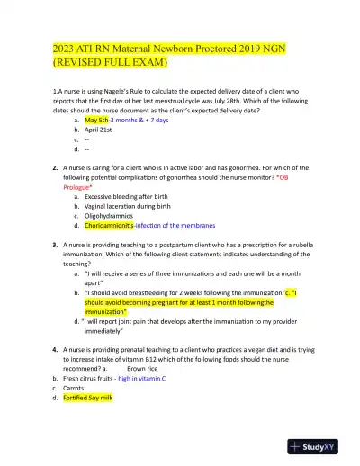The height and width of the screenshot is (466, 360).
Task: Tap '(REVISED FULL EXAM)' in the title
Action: click(111, 64)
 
